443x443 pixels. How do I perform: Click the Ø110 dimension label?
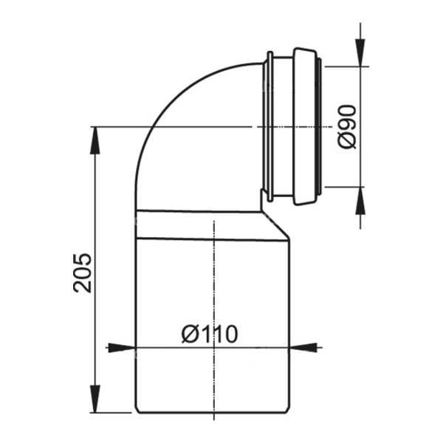(x=210, y=334)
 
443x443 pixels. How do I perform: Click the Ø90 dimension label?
(x=347, y=127)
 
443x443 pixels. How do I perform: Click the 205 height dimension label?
(x=83, y=273)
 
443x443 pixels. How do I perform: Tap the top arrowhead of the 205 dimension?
(x=95, y=140)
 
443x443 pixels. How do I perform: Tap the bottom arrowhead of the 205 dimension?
(x=95, y=399)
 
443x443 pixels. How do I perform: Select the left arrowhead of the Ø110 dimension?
(x=122, y=348)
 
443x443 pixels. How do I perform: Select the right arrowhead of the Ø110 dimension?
(x=303, y=348)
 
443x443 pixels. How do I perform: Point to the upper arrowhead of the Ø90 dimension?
(x=360, y=53)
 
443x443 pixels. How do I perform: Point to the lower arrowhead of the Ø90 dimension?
(x=360, y=201)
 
